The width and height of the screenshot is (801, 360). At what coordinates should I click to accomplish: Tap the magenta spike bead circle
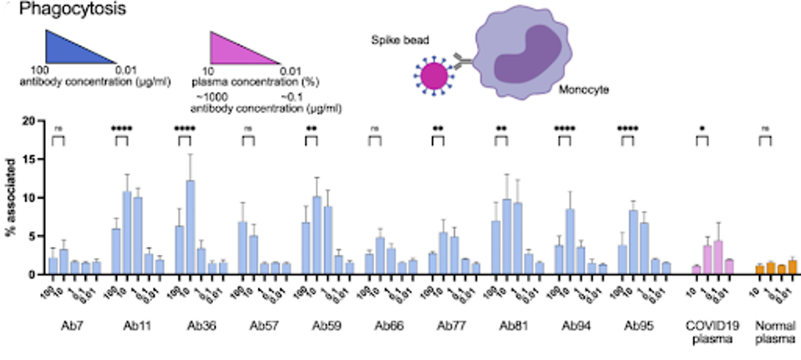433,76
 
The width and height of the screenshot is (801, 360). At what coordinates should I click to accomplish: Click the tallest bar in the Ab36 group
190,227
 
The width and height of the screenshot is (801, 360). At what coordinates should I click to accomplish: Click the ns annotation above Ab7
58,129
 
